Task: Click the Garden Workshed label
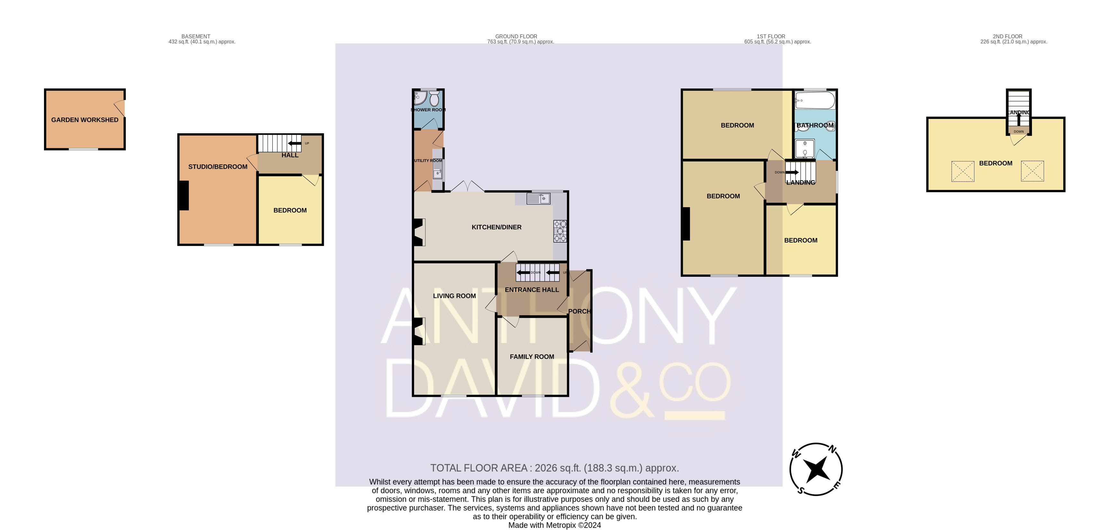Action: (84, 120)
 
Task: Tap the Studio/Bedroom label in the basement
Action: (218, 167)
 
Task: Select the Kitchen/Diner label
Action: (496, 227)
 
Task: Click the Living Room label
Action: (454, 296)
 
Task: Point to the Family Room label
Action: (532, 357)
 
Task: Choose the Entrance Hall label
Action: (532, 290)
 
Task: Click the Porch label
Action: (579, 312)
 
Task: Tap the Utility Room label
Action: (428, 161)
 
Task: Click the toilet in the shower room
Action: (434, 99)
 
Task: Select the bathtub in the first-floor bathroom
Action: (815, 100)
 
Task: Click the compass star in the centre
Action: (816, 469)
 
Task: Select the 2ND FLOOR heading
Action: (1007, 36)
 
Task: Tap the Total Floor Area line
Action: (554, 468)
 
